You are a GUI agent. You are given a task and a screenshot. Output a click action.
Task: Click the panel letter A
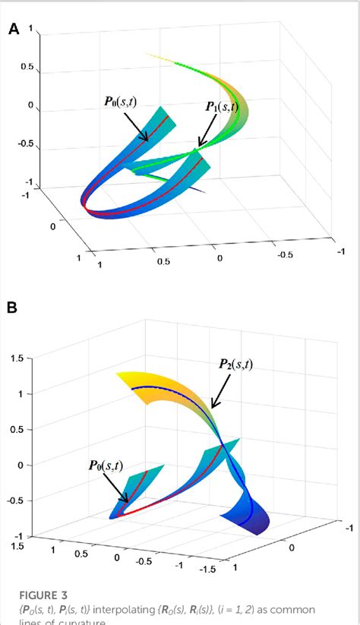[x=14, y=30]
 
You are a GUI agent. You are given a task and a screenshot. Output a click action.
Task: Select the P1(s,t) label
[x=221, y=107]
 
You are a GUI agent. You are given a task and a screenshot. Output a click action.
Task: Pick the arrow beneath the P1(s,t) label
[x=206, y=132]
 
